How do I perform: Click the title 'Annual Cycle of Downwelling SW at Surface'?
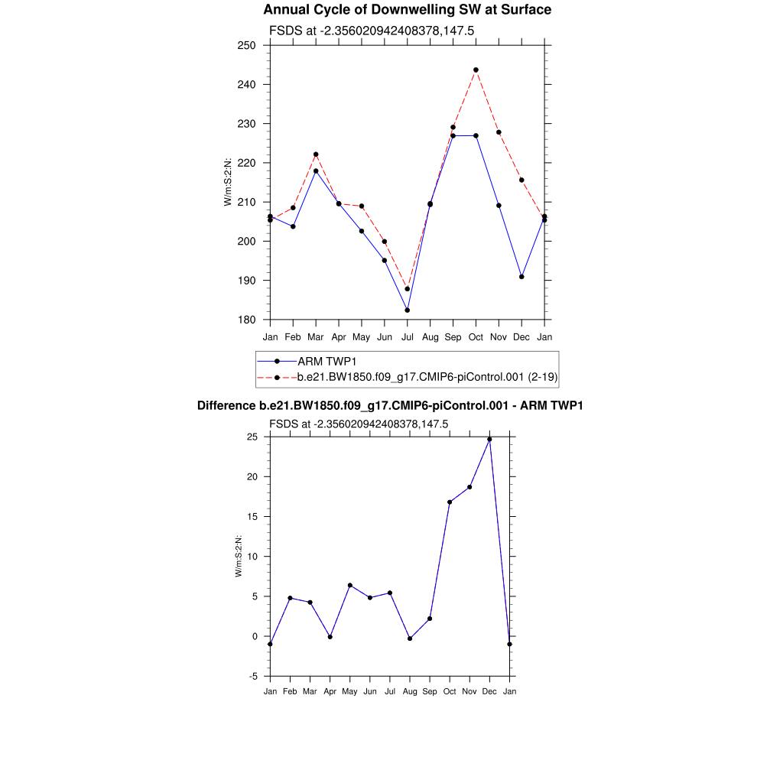[x=407, y=10]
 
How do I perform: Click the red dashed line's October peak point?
[x=476, y=70]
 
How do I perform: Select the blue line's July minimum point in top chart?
[x=408, y=310]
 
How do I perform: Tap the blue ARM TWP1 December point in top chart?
[x=521, y=277]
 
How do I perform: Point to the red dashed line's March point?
[x=316, y=154]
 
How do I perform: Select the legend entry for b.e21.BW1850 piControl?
[x=427, y=377]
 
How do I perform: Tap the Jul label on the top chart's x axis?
[x=408, y=336]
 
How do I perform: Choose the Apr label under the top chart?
[x=339, y=336]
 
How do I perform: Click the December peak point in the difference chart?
[x=489, y=439]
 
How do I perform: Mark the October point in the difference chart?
[x=450, y=502]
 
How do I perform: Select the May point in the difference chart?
[x=349, y=586]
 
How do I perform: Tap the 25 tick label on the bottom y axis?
[x=252, y=437]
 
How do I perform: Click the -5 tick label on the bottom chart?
[x=252, y=677]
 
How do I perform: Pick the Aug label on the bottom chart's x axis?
[x=410, y=692]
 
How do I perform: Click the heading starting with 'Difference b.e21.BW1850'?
[x=390, y=406]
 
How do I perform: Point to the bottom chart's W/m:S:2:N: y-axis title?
[x=239, y=557]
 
